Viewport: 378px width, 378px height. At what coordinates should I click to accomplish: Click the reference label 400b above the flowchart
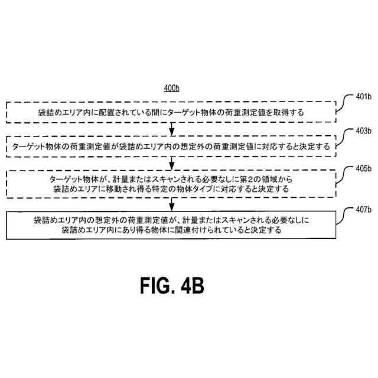click(x=171, y=89)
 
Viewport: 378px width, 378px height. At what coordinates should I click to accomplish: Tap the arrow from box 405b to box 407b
click(x=171, y=204)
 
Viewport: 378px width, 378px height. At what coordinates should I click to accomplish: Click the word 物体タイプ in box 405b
click(x=204, y=190)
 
